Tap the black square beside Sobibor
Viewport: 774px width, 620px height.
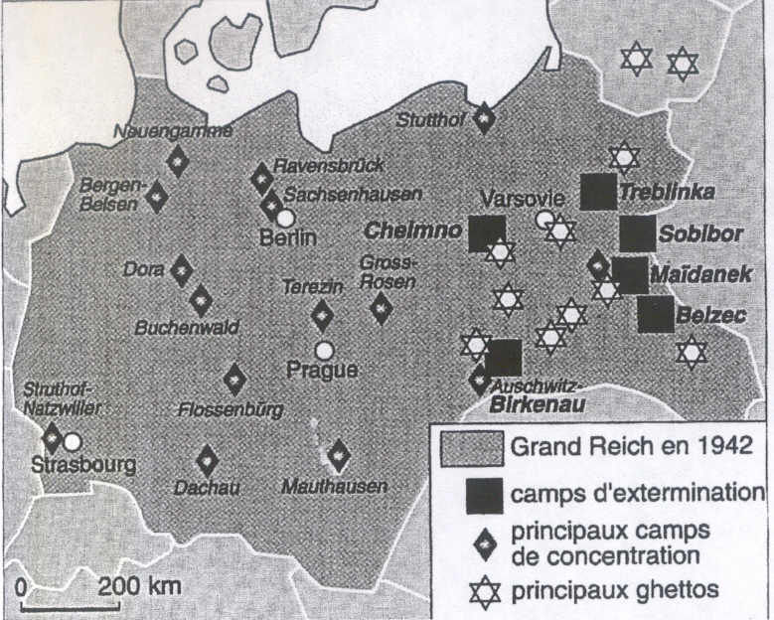(638, 233)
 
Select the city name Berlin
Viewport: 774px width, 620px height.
(287, 238)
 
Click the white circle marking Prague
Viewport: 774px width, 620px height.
(323, 350)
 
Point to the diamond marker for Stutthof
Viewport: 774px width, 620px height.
(484, 118)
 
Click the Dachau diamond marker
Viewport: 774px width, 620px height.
(207, 459)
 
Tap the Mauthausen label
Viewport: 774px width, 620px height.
(334, 487)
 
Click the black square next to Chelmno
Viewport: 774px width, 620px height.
(487, 233)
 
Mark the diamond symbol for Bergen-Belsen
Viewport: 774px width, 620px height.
(156, 196)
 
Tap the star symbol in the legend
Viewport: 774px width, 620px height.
(485, 592)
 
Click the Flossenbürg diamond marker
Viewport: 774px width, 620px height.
(234, 379)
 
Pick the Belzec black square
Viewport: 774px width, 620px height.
(656, 314)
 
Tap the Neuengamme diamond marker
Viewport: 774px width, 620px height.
(178, 159)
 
